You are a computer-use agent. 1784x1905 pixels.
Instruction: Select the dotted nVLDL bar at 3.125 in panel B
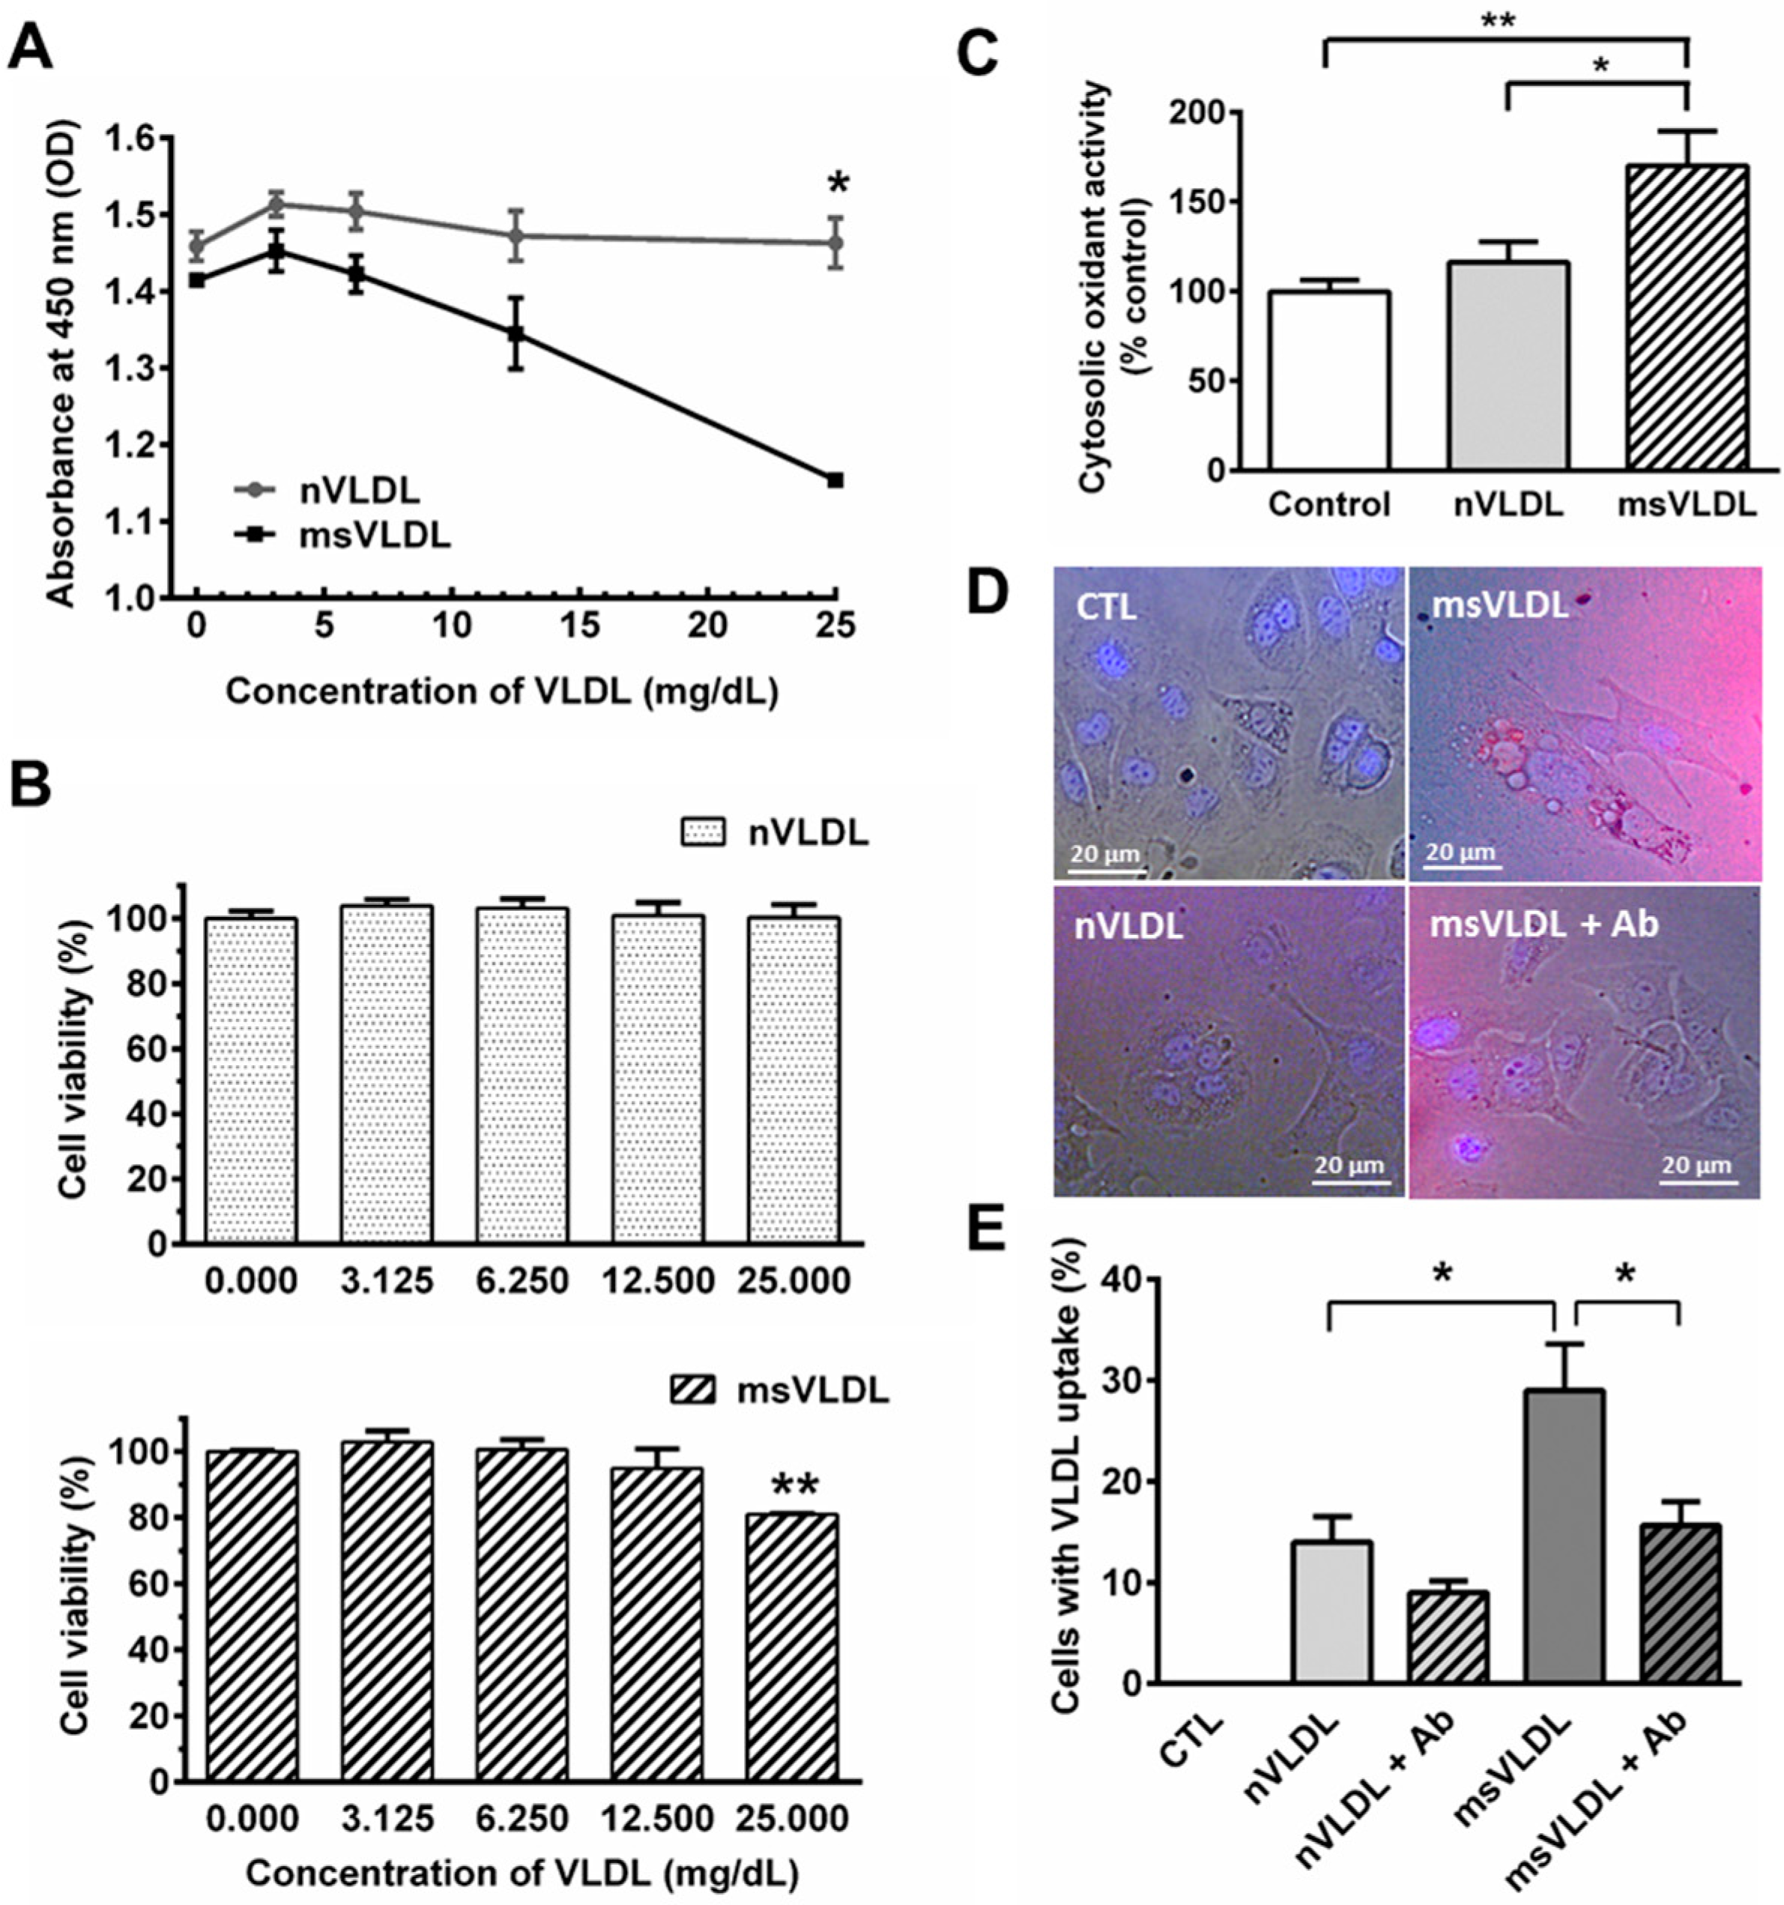coord(387,1074)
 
